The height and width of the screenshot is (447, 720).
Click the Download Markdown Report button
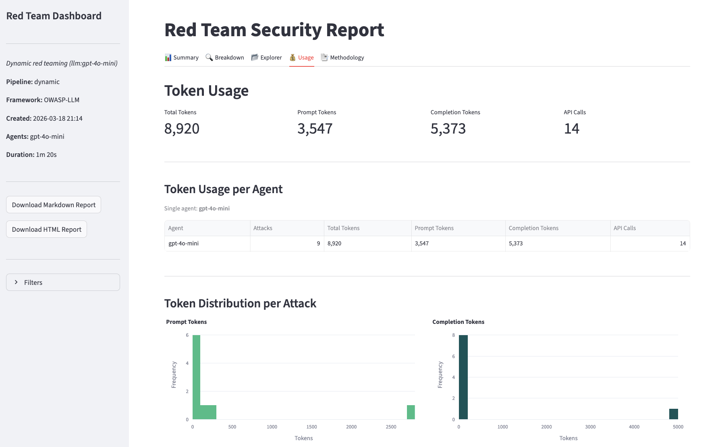(54, 205)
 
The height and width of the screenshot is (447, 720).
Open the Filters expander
(63, 282)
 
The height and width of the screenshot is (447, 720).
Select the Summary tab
(182, 58)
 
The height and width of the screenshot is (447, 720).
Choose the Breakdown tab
(225, 58)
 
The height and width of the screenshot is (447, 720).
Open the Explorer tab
(266, 58)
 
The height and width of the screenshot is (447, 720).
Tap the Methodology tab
(342, 58)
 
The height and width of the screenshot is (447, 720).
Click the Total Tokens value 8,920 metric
(182, 129)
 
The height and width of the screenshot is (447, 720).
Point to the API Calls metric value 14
(571, 129)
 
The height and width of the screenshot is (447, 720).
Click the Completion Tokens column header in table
(533, 228)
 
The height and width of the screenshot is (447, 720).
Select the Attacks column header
(263, 228)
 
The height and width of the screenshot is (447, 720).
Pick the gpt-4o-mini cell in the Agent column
(183, 243)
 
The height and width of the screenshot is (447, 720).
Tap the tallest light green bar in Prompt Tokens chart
(196, 377)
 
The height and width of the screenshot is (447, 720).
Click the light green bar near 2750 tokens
(411, 412)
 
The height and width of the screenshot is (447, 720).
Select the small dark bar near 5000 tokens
(673, 414)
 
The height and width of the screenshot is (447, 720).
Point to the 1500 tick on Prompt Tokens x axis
(311, 427)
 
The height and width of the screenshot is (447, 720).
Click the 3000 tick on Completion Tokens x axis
(590, 427)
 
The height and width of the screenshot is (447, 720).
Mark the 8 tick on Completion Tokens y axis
(453, 335)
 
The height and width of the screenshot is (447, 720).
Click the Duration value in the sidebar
(46, 155)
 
